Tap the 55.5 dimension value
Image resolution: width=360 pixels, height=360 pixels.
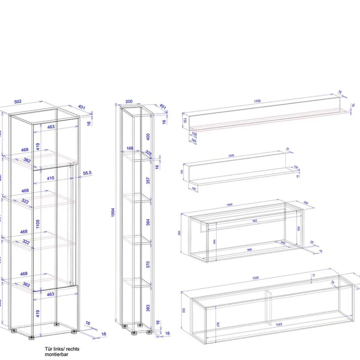pos(87,173)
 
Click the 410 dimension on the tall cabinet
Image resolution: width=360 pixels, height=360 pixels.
pos(50,178)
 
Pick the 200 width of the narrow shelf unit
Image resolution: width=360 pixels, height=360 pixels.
pos(129,101)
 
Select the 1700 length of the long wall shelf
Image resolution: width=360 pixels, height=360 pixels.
pos(258,101)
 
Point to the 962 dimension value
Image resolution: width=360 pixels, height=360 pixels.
pos(255,221)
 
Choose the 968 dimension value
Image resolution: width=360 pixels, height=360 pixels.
pos(249,250)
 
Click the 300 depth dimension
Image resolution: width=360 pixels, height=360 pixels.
pos(306,203)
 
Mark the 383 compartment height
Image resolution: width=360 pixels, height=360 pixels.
pos(148,307)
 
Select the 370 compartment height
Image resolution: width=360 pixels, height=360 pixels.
pos(148,264)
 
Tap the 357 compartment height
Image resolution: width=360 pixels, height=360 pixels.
pos(148,181)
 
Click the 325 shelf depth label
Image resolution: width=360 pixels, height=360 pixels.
pos(148,152)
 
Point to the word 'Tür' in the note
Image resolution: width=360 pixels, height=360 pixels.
pos(48,349)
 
